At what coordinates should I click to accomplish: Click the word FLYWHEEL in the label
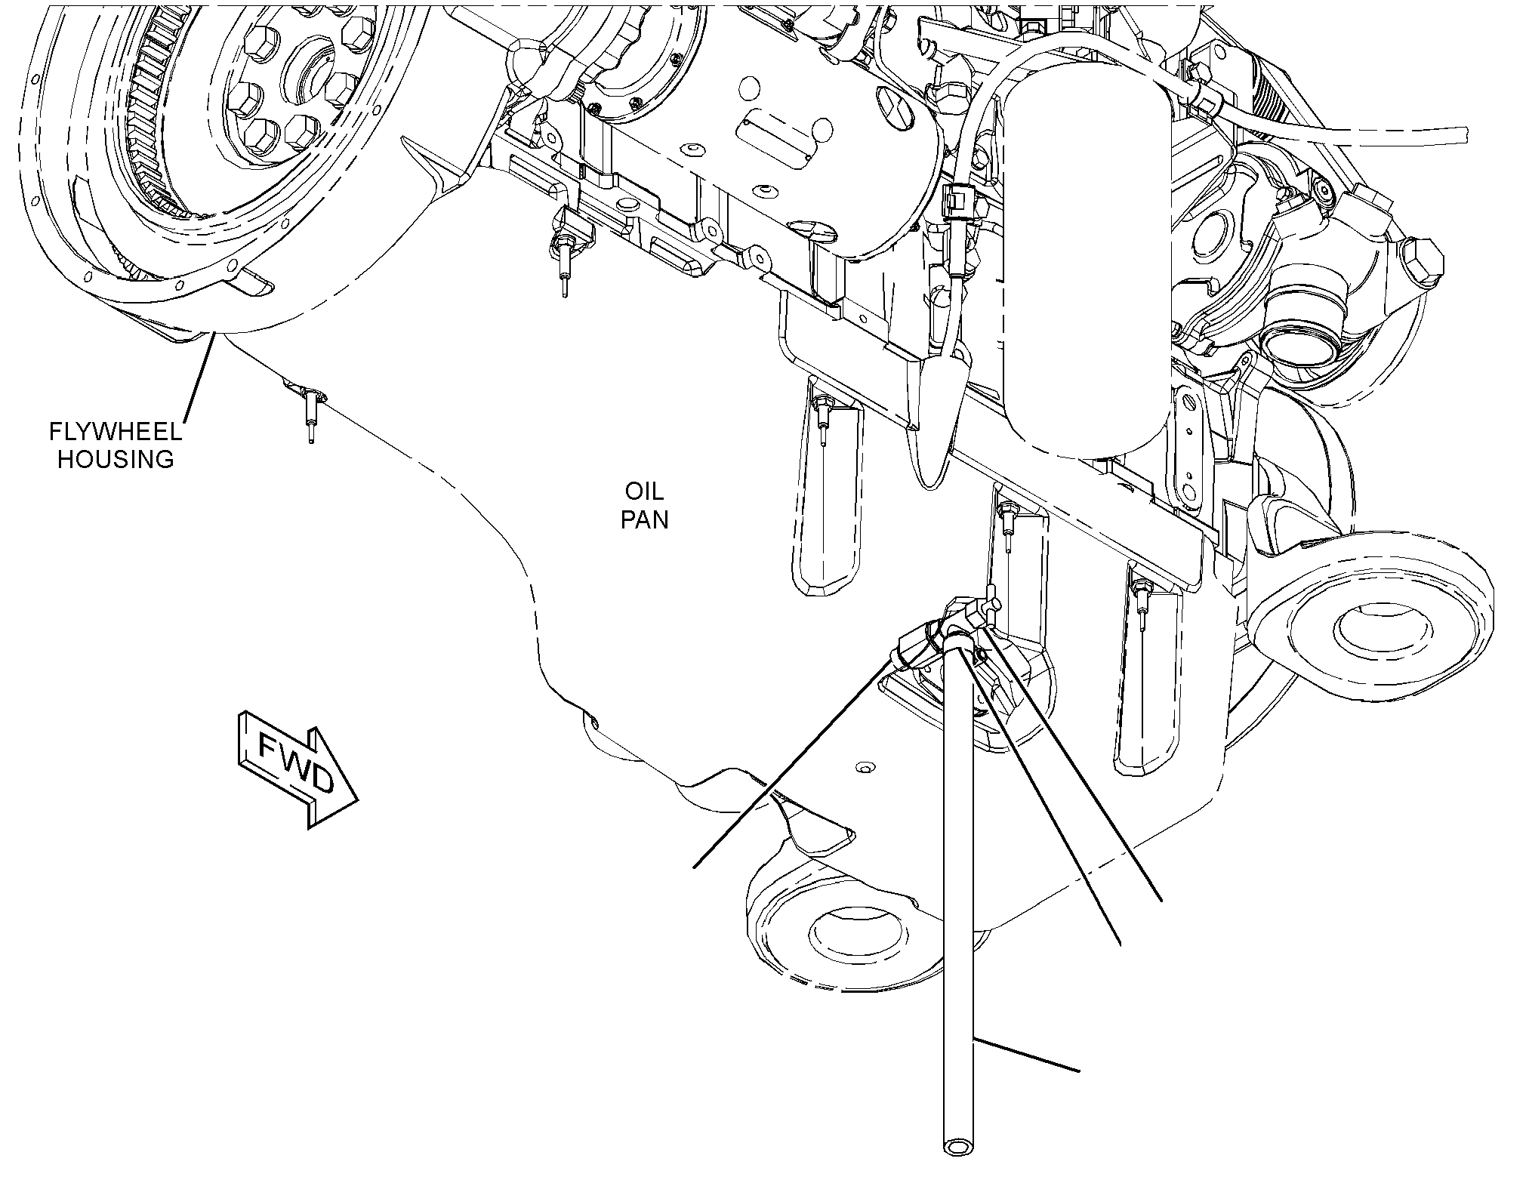116,432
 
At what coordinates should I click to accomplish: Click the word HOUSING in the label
116,459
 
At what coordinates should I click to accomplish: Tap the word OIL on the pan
644,492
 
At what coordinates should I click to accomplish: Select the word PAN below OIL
645,519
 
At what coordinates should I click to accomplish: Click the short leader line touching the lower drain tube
1027,1055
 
